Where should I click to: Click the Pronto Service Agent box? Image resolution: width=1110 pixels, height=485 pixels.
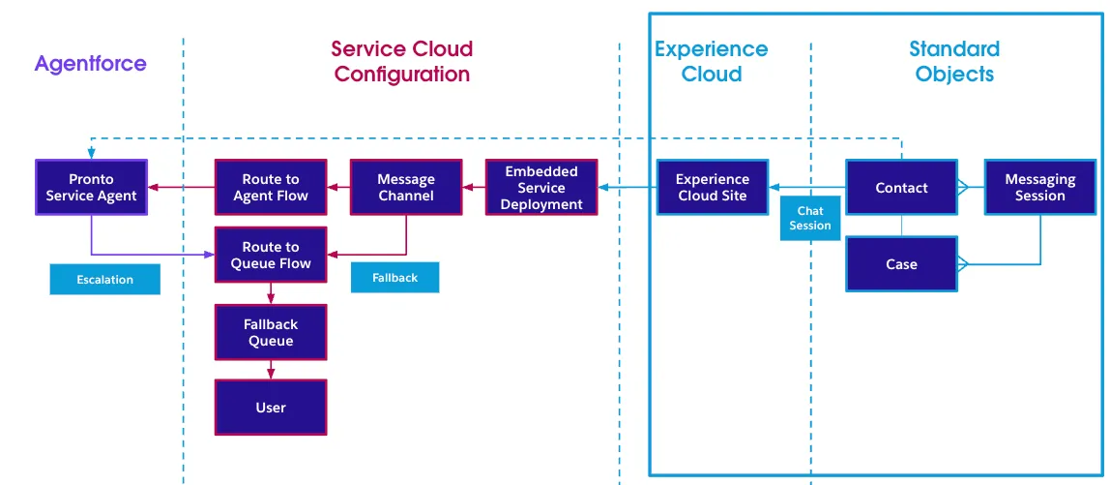click(x=91, y=188)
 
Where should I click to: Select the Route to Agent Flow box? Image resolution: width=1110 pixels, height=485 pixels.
click(x=271, y=188)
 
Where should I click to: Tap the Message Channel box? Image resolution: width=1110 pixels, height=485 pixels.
click(x=406, y=188)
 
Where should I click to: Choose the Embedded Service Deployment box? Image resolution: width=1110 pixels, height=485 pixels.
click(x=541, y=188)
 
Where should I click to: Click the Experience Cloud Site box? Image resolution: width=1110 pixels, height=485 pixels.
click(x=713, y=188)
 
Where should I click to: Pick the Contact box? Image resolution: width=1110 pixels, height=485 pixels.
click(x=901, y=188)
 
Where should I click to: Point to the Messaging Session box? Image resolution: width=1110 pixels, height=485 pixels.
click(x=1040, y=188)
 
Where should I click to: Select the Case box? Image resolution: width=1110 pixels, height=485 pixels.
click(x=901, y=264)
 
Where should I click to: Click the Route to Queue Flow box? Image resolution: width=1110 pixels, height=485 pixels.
click(x=271, y=256)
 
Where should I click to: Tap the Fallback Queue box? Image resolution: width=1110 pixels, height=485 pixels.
click(x=271, y=333)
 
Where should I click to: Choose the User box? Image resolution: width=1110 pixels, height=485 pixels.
click(x=271, y=408)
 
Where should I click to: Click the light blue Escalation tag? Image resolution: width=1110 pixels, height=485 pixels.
click(x=105, y=280)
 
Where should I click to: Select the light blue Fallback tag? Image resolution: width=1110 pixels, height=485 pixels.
click(x=394, y=278)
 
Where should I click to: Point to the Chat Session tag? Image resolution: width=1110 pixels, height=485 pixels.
click(x=810, y=219)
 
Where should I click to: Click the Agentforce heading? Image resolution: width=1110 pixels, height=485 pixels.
click(x=91, y=65)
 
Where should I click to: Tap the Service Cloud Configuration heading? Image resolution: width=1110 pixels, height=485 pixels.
click(x=402, y=61)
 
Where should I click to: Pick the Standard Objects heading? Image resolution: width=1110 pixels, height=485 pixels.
click(x=954, y=61)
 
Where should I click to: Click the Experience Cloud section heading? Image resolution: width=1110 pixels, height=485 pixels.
click(x=712, y=61)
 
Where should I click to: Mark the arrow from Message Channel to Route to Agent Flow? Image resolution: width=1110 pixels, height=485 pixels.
click(x=338, y=188)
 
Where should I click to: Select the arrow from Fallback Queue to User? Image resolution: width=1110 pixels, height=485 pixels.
click(x=271, y=370)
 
